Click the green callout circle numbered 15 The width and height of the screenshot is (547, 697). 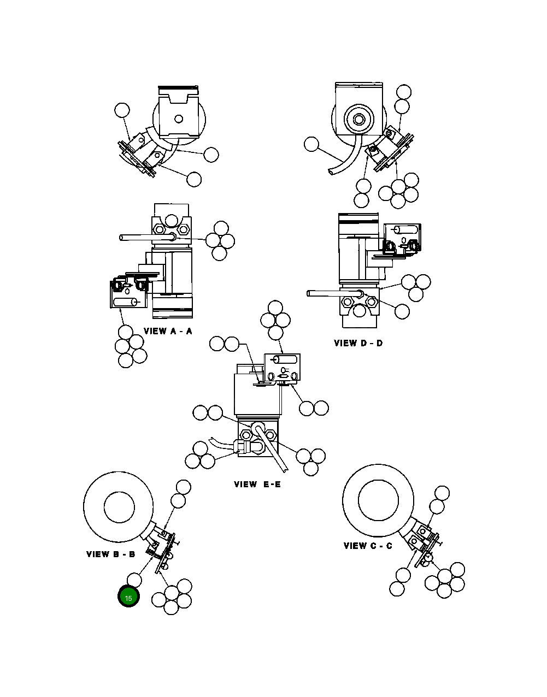point(128,597)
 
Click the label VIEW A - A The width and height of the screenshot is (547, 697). point(168,331)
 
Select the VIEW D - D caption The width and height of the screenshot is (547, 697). point(358,343)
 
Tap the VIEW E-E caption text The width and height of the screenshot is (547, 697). point(257,484)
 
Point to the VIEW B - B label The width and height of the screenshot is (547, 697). point(110,554)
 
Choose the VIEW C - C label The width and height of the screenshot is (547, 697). point(367,546)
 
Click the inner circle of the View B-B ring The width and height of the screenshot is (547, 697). point(119,506)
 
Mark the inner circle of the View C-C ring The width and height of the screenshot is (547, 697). point(378,500)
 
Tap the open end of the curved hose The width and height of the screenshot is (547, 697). point(331,172)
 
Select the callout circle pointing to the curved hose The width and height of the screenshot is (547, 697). point(311,144)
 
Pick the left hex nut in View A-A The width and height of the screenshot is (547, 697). point(157,229)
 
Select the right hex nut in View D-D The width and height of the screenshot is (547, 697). point(371,302)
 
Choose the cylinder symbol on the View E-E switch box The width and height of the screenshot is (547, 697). point(284,359)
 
